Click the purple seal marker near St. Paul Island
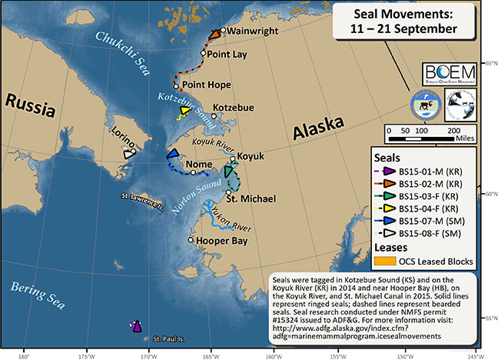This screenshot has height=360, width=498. coord(137,327)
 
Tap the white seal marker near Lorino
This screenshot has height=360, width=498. coord(128,154)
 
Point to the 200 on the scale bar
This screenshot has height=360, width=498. coord(455,132)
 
